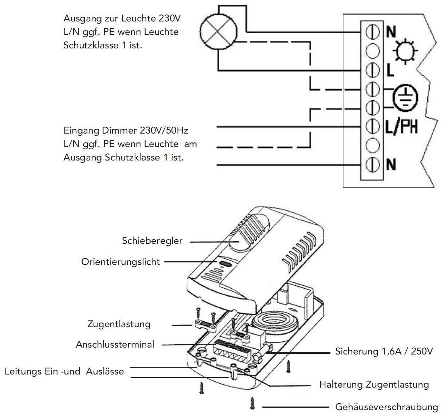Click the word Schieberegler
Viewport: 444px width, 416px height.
click(x=152, y=241)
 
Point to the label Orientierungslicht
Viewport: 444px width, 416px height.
click(x=120, y=262)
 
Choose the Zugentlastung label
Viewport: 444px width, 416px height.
click(x=119, y=324)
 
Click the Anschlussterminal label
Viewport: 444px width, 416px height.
click(x=115, y=344)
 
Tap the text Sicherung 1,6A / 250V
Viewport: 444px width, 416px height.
click(x=384, y=352)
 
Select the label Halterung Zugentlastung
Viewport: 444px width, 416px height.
click(x=374, y=384)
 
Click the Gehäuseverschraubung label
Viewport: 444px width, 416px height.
click(x=386, y=407)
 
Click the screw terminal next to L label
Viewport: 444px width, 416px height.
click(x=372, y=69)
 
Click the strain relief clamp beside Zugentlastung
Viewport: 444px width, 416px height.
click(x=205, y=325)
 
